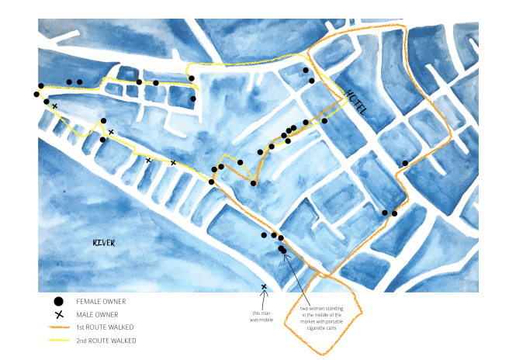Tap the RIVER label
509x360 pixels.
103,243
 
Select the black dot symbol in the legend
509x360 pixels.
57,301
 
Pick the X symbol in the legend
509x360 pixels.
57,314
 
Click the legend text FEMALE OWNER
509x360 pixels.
101,301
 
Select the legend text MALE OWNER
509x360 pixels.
97,314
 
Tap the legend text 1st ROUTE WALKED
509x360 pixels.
106,327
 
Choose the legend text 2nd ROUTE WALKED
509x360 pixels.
106,341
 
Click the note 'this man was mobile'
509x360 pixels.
265,316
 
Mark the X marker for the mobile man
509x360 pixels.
264,287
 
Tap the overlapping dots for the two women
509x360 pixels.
282,250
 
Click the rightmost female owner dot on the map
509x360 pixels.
405,163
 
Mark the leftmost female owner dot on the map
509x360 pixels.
36,95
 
